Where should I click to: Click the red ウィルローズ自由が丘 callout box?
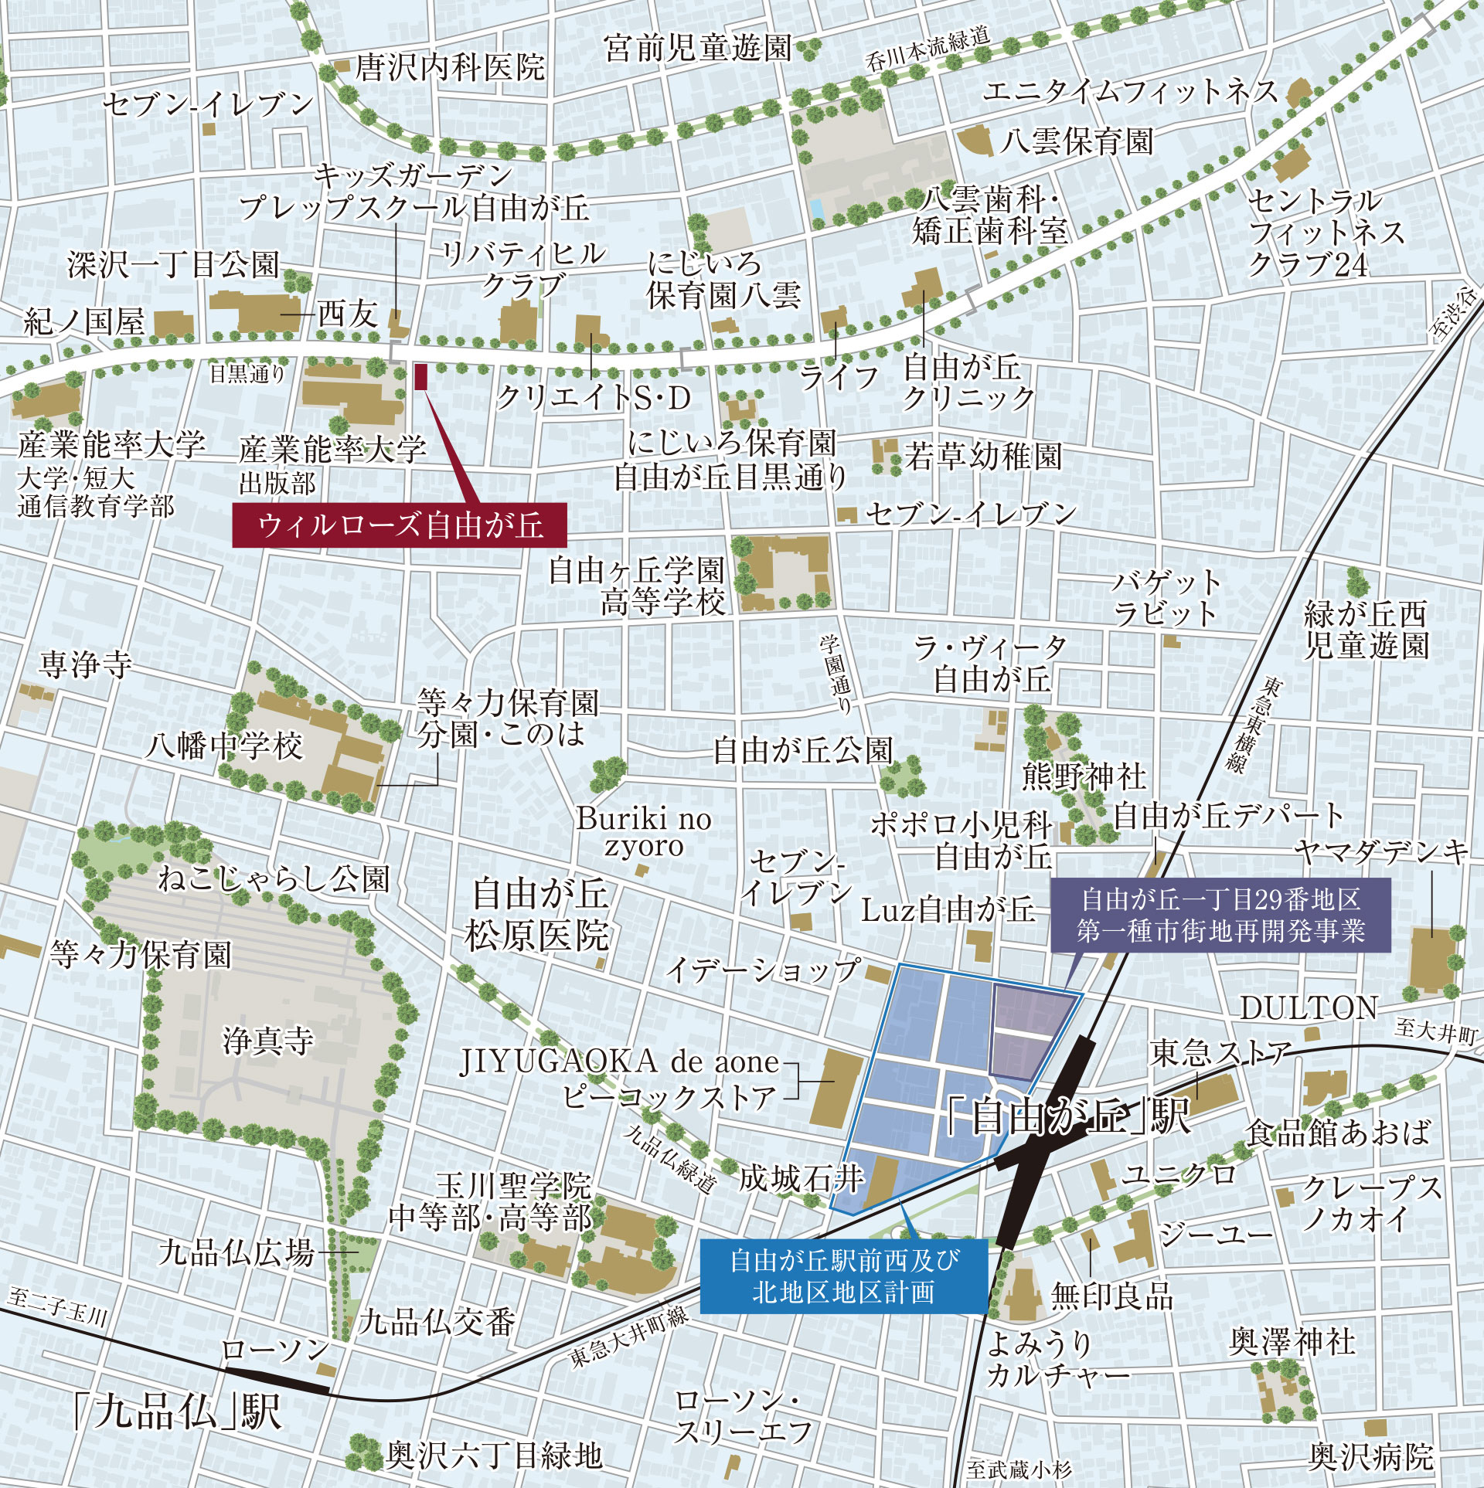coord(400,526)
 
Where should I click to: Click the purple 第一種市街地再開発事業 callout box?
coord(1221,915)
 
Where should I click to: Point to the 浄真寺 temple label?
coord(268,1041)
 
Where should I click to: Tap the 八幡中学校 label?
coord(225,746)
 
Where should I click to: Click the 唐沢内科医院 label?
coord(450,68)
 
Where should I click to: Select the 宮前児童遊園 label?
coord(698,48)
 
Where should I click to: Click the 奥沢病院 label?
coord(1370,1457)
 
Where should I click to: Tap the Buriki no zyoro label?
coord(643,832)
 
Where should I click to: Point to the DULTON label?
coord(1309,1007)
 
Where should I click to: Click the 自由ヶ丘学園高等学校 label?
coord(638,587)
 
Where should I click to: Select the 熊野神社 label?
coord(1084,776)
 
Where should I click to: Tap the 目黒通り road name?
coord(247,375)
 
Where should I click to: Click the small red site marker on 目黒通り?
coord(421,376)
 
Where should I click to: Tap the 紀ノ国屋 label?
coord(84,321)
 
